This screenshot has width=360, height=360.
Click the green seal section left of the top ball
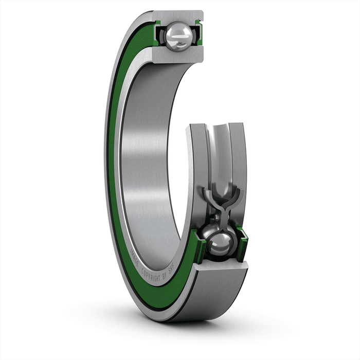point(157,35)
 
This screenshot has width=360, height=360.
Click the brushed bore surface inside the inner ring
point(147,154)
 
